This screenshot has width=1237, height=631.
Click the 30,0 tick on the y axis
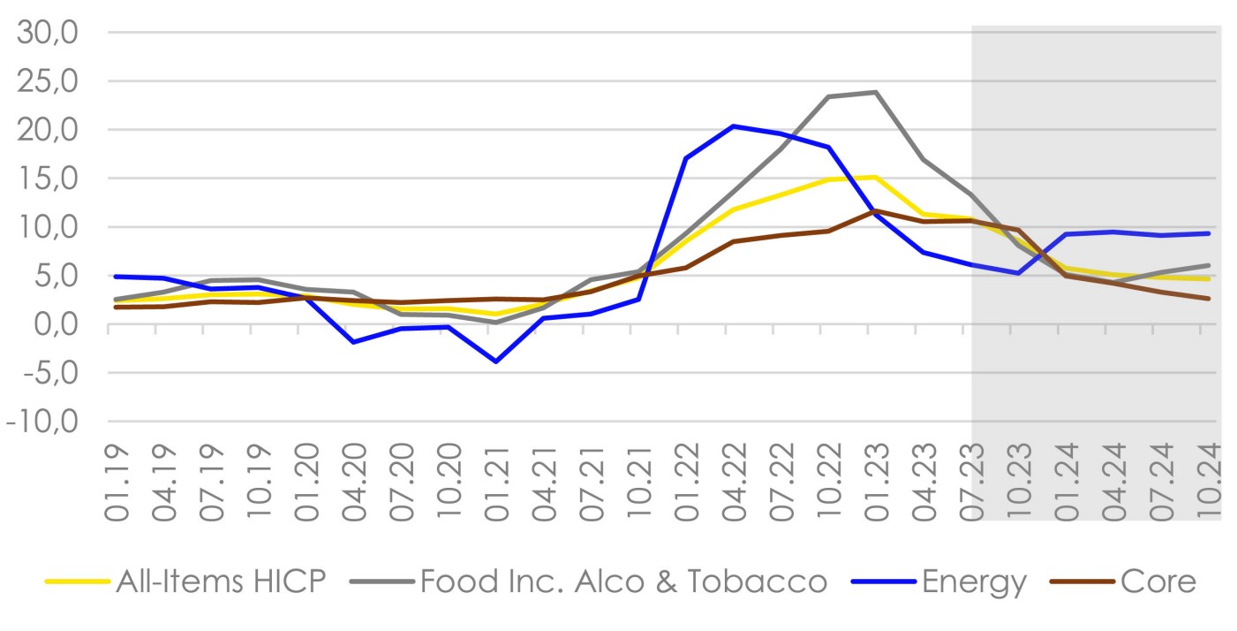click(x=56, y=33)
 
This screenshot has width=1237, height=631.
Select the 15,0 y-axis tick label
click(x=56, y=179)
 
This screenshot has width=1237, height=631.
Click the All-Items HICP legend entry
click(x=221, y=582)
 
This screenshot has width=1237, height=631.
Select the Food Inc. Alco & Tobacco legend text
click(x=623, y=582)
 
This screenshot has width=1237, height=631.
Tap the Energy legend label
click(x=974, y=582)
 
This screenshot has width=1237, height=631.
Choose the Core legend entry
click(x=1158, y=582)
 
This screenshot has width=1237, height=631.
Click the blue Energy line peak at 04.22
click(x=733, y=125)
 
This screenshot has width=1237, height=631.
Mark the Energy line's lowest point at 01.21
click(x=496, y=361)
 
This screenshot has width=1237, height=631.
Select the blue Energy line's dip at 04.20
click(x=353, y=342)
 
